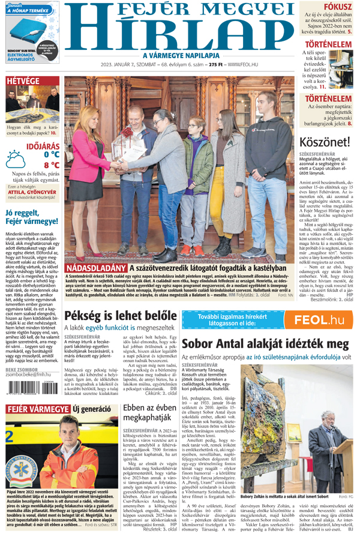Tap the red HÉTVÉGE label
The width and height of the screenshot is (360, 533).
23,81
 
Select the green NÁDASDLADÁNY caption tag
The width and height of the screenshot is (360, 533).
96,268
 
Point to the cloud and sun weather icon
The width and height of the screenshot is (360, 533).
16,159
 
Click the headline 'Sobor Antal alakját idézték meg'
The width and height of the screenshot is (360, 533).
265,345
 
